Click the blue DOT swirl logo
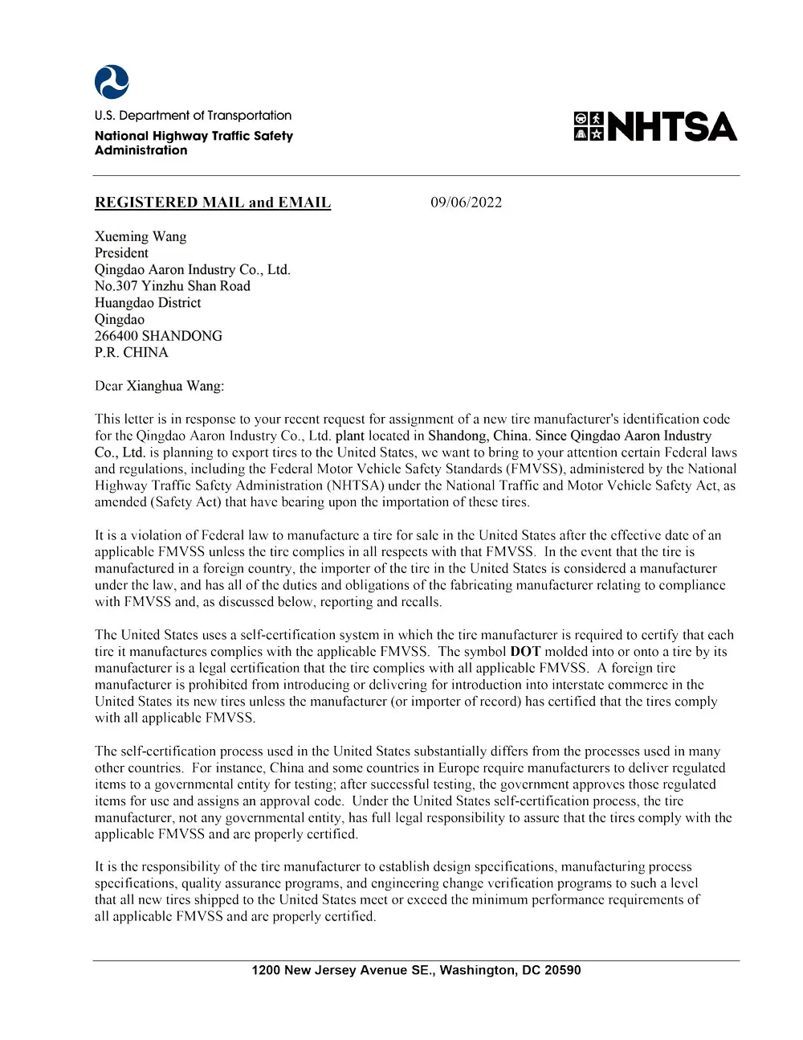112,82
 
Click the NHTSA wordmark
672,127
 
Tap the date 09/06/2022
466,203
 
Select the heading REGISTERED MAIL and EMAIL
213,203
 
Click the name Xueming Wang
141,236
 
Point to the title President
121,252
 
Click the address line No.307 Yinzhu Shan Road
172,286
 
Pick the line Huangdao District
148,303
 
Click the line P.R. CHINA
131,352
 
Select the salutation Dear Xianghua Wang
159,386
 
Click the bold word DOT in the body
525,652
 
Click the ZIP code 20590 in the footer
563,970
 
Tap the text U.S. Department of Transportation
193,116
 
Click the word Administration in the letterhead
141,150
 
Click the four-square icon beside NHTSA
589,127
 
